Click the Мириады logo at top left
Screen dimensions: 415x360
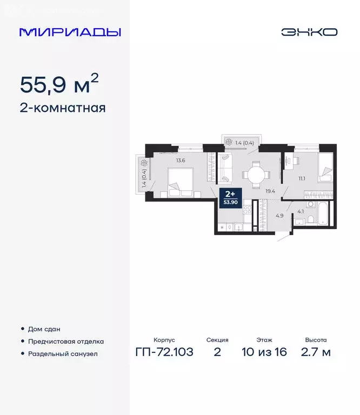click(x=70, y=32)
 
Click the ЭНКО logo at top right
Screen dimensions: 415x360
click(x=309, y=32)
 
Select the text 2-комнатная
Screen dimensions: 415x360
click(x=62, y=108)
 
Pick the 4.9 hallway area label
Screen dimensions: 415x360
click(x=279, y=216)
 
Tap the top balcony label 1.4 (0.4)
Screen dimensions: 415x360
click(x=244, y=143)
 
